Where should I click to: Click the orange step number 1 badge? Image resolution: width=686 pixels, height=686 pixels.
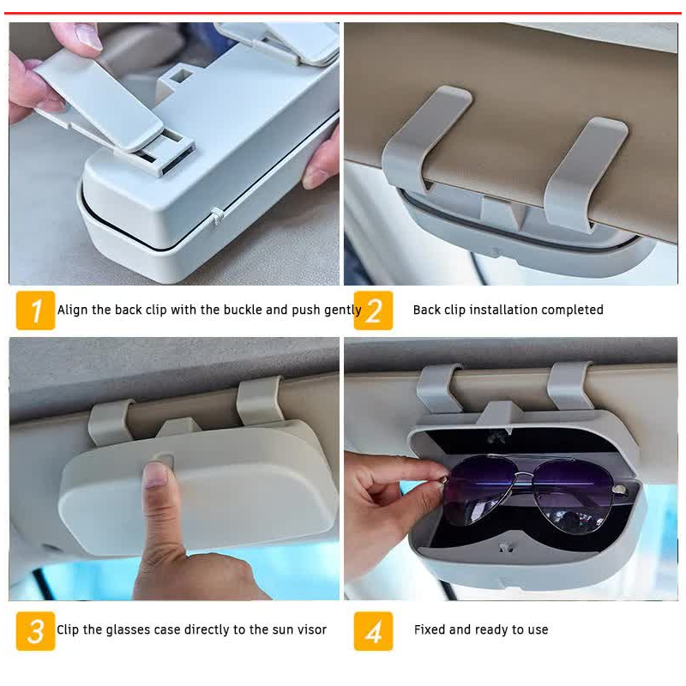point(35,310)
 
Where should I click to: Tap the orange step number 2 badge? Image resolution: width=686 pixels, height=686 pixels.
point(373,310)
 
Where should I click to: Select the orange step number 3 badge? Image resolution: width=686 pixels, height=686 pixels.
point(35,631)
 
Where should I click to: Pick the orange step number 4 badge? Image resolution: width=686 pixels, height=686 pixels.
point(373,631)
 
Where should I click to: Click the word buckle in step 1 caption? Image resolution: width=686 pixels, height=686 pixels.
point(243,310)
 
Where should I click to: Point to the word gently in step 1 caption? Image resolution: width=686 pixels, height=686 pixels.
point(342,310)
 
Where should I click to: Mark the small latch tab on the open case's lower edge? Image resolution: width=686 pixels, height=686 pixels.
point(506,547)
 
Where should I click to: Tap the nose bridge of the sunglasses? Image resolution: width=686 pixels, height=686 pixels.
point(525,478)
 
